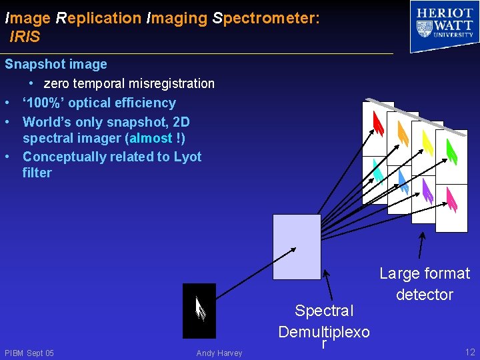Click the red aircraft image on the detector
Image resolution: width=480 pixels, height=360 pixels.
pyautogui.click(x=377, y=123)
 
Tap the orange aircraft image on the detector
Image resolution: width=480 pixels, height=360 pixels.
pyautogui.click(x=402, y=134)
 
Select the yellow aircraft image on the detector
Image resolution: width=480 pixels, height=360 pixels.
pyautogui.click(x=427, y=142)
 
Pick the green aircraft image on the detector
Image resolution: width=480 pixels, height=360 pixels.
pyautogui.click(x=451, y=151)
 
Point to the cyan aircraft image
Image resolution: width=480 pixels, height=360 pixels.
pyautogui.click(x=377, y=172)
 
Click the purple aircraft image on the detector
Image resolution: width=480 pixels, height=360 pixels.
pyautogui.click(x=427, y=192)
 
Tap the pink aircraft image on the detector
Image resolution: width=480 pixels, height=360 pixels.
pyautogui.click(x=451, y=199)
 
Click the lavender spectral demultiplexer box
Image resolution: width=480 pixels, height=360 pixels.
pyautogui.click(x=297, y=247)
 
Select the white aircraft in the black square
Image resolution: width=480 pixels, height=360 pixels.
pyautogui.click(x=199, y=309)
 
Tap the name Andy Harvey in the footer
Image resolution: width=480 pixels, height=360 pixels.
pyautogui.click(x=219, y=353)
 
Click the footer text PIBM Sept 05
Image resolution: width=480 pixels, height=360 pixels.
pyautogui.click(x=29, y=353)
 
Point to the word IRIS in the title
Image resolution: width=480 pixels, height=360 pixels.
pyautogui.click(x=25, y=37)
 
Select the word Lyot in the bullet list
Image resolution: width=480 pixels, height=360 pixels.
pyautogui.click(x=187, y=157)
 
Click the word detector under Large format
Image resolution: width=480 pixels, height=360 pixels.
pyautogui.click(x=424, y=295)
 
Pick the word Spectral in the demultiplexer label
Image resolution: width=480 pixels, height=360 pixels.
pyautogui.click(x=324, y=311)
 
